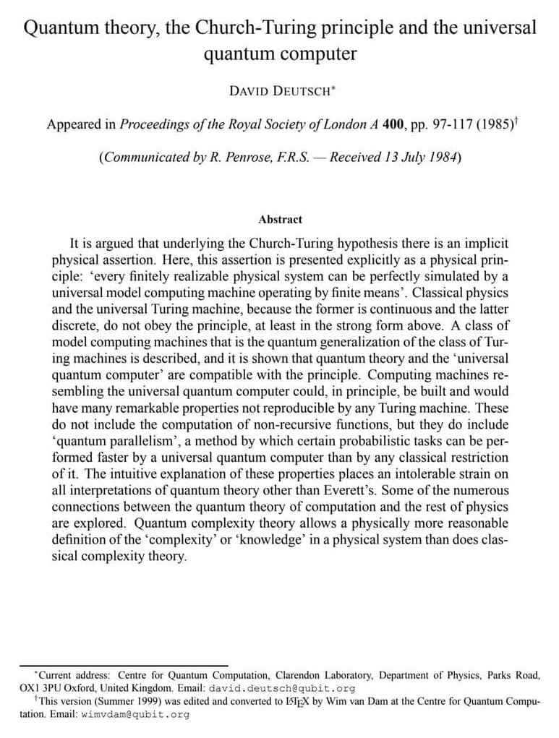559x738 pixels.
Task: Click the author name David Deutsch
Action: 279,91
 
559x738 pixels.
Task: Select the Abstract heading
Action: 280,219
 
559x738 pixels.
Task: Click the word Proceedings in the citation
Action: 151,124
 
